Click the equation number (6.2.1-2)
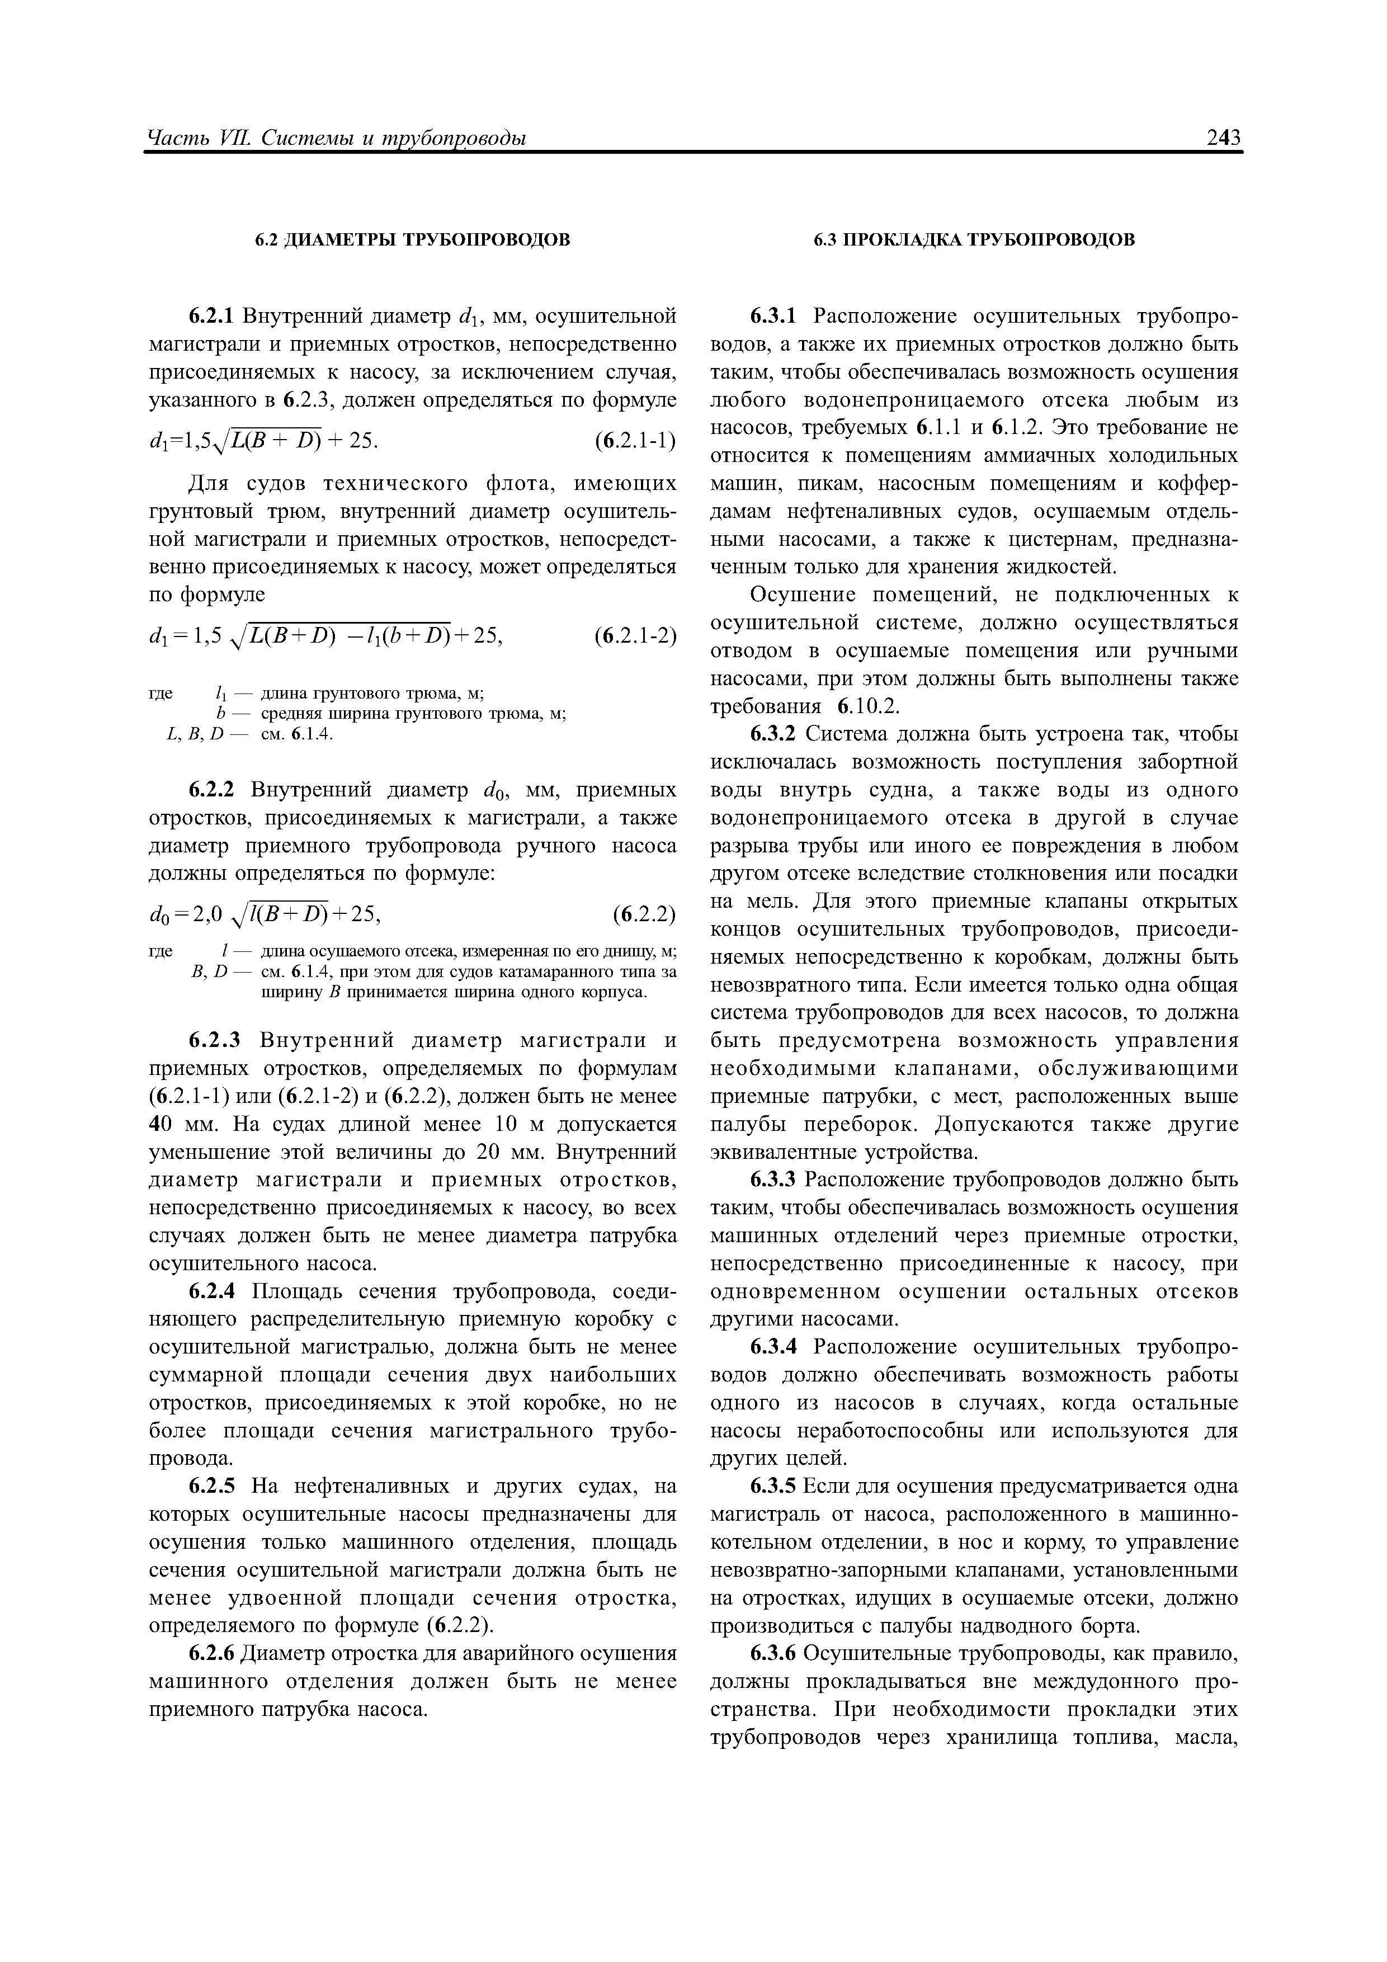(635, 636)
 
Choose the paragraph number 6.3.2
(772, 734)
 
